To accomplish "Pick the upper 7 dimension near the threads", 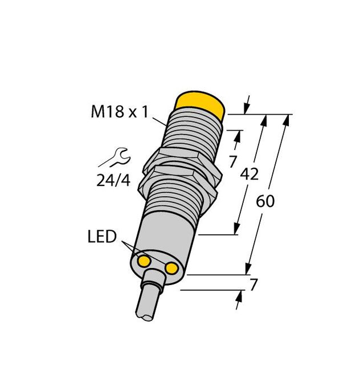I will [x=232, y=161].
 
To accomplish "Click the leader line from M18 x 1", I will [x=160, y=118].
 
